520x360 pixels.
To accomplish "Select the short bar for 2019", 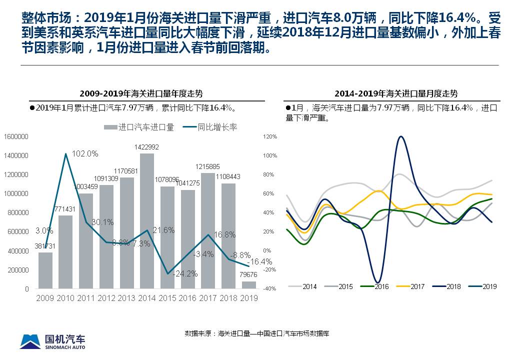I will pos(249,285).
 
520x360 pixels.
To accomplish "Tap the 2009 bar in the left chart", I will pos(45,270).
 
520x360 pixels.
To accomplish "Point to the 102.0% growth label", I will pos(85,154).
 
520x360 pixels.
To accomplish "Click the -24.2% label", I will pos(185,274).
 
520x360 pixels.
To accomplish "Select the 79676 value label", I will pos(248,274).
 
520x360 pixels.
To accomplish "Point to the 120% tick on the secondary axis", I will pos(270,136).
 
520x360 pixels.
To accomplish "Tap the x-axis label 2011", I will pos(86,298).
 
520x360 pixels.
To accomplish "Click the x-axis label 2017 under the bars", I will pos(208,298).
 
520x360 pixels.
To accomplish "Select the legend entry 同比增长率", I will pos(210,127).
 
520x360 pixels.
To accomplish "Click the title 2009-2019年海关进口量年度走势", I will pos(141,93).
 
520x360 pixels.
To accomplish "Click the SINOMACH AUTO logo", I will pos(52,341).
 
